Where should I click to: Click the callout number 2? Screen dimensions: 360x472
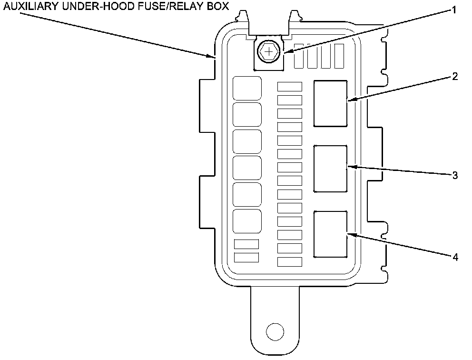point(455,77)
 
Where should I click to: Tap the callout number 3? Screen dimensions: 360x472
point(455,175)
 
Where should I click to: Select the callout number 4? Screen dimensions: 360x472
point(455,257)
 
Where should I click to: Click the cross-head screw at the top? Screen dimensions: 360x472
point(269,51)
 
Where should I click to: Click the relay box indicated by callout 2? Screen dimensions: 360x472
point(330,103)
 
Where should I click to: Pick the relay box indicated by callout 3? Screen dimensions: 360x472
point(330,169)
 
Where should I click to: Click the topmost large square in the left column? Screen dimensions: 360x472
point(247,88)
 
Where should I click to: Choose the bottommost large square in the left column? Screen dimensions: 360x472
point(247,221)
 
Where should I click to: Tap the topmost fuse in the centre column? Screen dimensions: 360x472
point(290,87)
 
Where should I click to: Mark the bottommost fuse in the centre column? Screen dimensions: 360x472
point(290,261)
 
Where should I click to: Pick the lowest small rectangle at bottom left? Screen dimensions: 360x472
point(246,257)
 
